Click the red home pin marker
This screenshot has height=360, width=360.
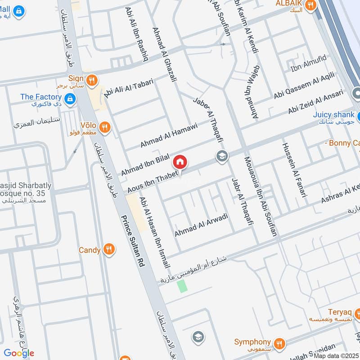click(180, 162)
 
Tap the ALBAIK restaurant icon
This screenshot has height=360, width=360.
click(310, 5)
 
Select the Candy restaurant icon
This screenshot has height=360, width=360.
click(108, 249)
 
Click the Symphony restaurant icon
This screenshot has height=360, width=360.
click(279, 343)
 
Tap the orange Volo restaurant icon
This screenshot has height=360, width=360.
click(104, 127)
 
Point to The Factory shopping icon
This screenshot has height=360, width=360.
click(69, 98)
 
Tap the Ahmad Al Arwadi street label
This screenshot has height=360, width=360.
click(201, 225)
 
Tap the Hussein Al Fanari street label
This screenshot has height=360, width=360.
click(294, 171)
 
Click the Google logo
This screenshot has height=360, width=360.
click(19, 353)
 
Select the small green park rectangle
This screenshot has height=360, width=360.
click(182, 286)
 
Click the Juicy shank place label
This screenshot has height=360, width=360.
click(334, 115)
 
